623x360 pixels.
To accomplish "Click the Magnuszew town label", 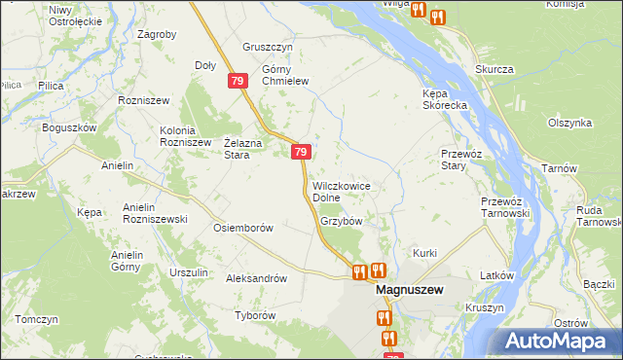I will [x=410, y=290].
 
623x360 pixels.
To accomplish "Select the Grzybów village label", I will [x=341, y=221].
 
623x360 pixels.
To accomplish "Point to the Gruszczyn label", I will [x=268, y=47].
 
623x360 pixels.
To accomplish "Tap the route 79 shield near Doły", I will [x=238, y=83].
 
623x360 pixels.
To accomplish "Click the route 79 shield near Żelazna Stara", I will [x=301, y=152].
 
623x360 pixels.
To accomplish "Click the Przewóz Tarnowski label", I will [x=504, y=206].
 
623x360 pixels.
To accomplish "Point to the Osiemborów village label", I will [x=242, y=228].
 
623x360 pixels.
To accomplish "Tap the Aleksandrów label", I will [x=256, y=277].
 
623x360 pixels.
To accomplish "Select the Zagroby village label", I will [x=157, y=34].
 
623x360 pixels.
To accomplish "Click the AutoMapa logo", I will [x=559, y=341].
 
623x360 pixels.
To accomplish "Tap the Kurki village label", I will [x=425, y=253].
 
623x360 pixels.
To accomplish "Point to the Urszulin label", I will [x=189, y=272].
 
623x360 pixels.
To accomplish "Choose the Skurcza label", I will [x=494, y=69].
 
